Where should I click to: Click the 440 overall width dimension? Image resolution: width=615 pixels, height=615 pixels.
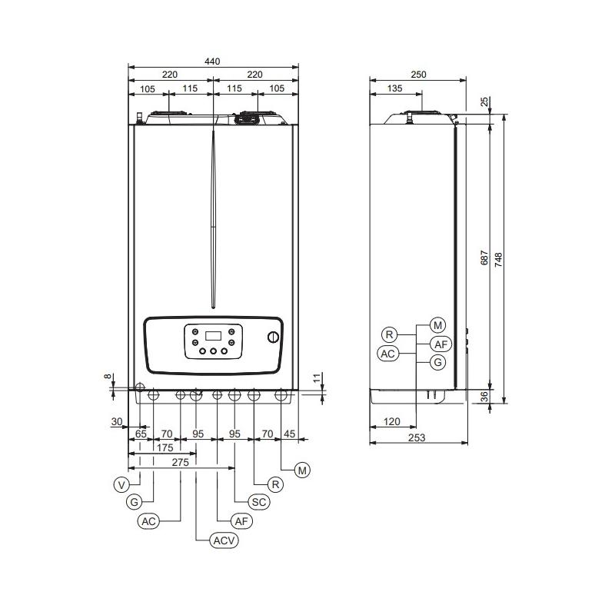pos(212,61)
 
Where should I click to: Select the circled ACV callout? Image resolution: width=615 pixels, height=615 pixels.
pos(224,540)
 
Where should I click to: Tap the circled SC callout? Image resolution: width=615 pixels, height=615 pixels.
pos(260,502)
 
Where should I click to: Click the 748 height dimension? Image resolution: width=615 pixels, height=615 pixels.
pos(499,259)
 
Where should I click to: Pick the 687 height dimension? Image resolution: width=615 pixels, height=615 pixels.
pos(484,259)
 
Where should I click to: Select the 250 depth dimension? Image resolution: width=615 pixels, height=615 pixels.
pos(418,75)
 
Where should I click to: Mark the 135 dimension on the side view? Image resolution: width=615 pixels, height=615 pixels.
pos(395,88)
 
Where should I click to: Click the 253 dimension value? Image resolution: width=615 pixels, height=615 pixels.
pos(417,437)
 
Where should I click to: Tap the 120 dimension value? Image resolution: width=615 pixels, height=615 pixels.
pos(392,422)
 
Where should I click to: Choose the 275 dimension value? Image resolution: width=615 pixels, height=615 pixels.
pos(180,462)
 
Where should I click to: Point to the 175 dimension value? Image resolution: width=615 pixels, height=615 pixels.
pos(165,447)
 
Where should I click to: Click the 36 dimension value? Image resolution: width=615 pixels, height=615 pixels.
pos(483,397)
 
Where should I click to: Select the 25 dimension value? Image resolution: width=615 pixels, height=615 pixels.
pos(484,102)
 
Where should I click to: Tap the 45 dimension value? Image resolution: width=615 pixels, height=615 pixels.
pos(290,434)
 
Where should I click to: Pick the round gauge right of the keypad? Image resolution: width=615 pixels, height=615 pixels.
pos(273,338)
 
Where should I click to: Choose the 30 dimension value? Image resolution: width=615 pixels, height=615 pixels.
pos(117,421)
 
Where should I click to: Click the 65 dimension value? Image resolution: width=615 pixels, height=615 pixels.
pos(141,434)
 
